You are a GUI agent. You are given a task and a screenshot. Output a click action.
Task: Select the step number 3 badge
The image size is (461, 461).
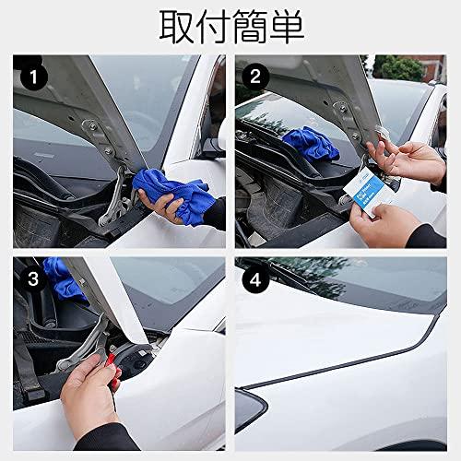(x=32, y=278)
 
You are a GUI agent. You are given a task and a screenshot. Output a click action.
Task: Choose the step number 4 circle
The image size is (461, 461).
(x=255, y=278)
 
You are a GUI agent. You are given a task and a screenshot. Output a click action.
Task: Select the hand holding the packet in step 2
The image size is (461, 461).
(x=387, y=226)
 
